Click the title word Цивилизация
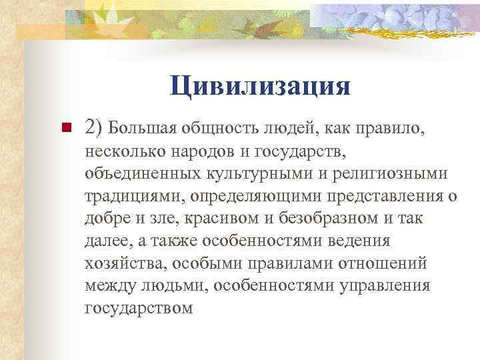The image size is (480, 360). [x=260, y=86]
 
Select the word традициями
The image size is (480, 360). [x=135, y=197]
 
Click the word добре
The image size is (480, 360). [x=108, y=219]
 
